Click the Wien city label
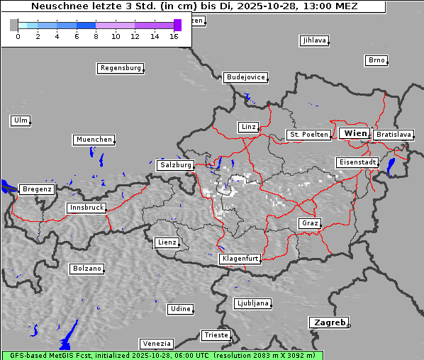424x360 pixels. [x=355, y=133]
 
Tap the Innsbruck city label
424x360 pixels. [x=87, y=208]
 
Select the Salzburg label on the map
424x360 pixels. [x=175, y=165]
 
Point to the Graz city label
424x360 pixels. [x=310, y=223]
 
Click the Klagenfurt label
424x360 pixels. [x=240, y=259]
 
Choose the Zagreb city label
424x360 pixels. [x=329, y=322]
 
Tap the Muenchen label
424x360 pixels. [x=94, y=140]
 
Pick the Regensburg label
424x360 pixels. [x=120, y=69]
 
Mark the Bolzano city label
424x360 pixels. [x=87, y=269]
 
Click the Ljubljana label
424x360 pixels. [x=252, y=303]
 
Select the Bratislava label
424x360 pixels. [x=394, y=135]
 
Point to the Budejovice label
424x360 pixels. [x=245, y=77]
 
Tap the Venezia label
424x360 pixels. [x=156, y=344]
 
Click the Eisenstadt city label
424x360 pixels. [x=357, y=163]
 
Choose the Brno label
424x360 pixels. [x=376, y=60]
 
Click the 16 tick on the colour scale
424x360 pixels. [x=174, y=36]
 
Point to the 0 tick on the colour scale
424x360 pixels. [x=17, y=36]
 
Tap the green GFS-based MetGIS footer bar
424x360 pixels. [x=162, y=355]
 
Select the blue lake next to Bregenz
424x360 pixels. [x=9, y=187]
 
